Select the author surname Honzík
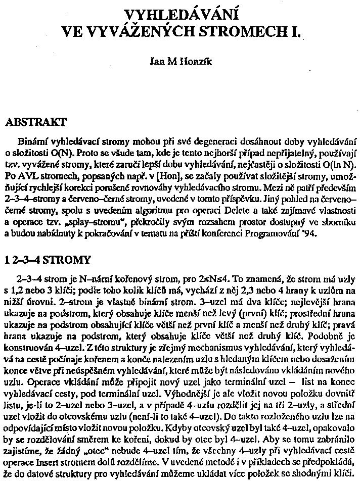click(x=200, y=64)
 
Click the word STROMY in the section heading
click(x=66, y=261)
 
